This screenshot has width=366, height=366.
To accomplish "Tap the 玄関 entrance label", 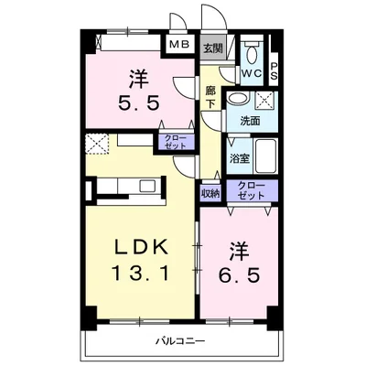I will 212,48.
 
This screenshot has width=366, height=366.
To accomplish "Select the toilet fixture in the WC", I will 253,47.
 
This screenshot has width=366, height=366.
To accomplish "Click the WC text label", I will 252,72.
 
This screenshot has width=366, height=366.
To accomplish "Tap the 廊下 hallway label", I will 210,98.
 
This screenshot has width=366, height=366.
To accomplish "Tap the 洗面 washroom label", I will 250,120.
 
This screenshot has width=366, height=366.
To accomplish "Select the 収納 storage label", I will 210,193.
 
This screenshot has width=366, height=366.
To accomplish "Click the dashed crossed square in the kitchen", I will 97,144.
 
